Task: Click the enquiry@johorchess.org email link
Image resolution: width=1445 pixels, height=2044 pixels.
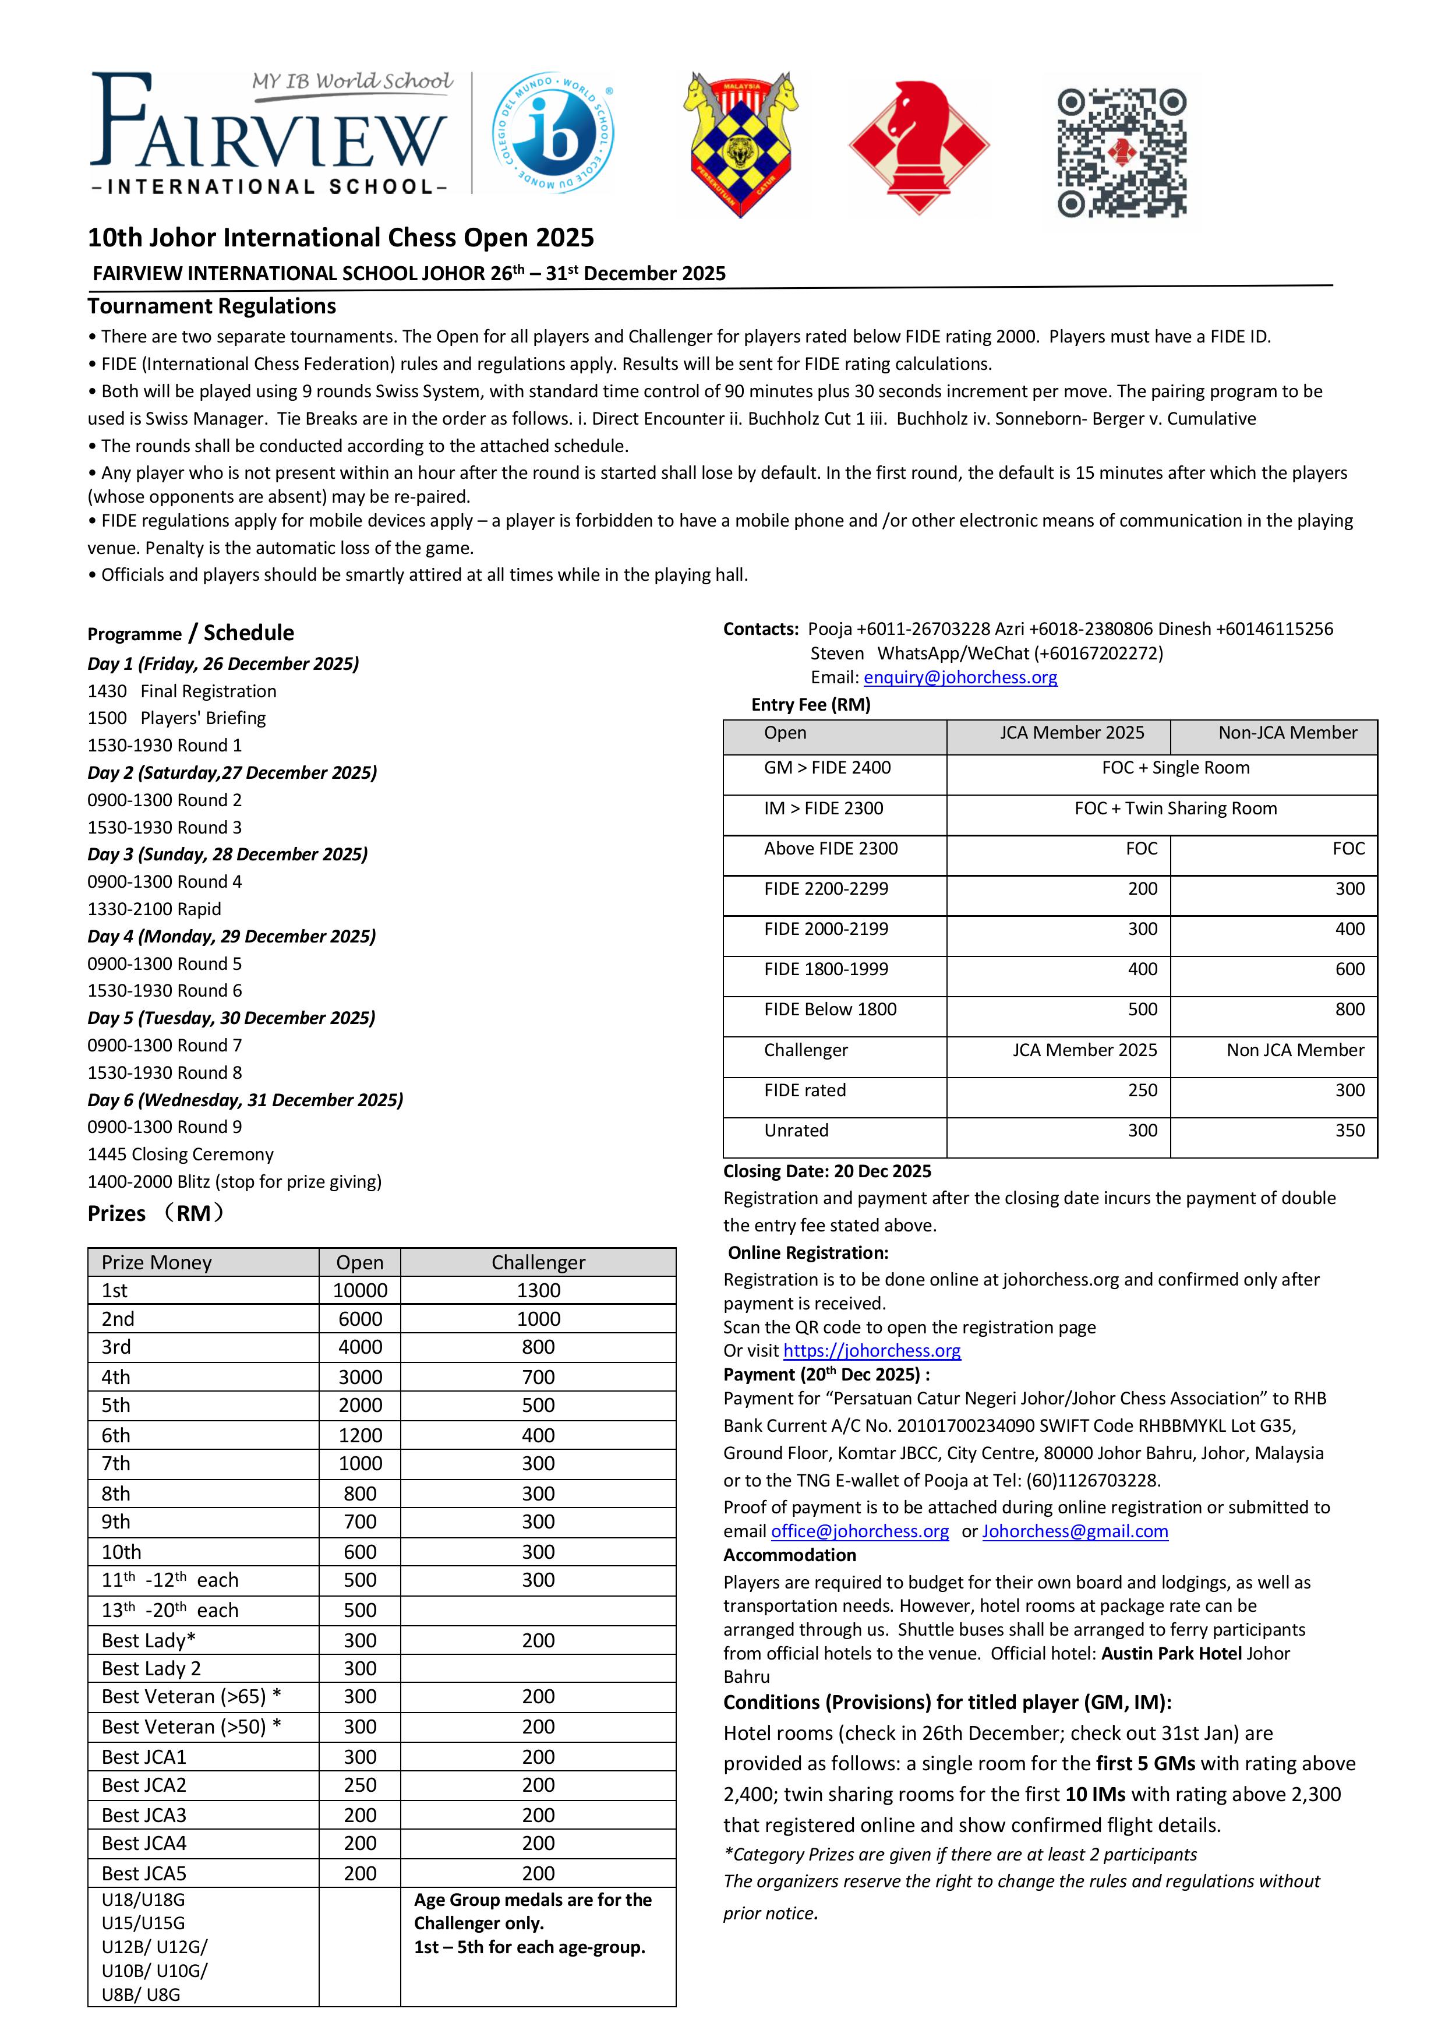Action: [x=960, y=677]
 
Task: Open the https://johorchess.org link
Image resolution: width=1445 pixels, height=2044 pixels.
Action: [x=872, y=1350]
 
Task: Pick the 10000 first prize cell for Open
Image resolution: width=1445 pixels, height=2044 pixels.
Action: [x=360, y=1291]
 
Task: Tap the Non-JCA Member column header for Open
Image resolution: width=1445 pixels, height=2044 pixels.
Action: [x=1287, y=733]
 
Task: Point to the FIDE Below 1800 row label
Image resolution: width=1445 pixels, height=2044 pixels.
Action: [x=830, y=1009]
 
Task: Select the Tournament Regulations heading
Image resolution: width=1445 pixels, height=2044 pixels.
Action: [x=212, y=306]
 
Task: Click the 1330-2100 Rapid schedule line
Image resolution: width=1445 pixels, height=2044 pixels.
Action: [x=154, y=909]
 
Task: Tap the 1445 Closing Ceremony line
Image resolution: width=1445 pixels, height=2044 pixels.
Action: [x=180, y=1155]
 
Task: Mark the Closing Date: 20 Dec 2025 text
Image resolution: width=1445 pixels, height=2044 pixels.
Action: [x=827, y=1171]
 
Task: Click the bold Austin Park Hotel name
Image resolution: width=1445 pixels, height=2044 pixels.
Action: [x=1171, y=1653]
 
